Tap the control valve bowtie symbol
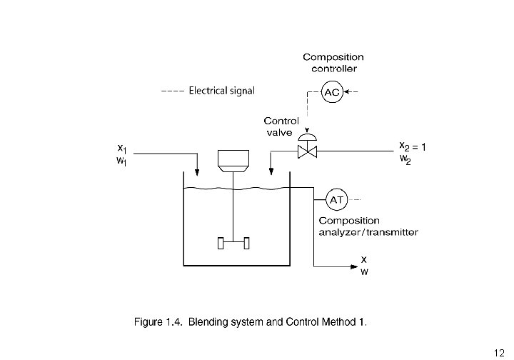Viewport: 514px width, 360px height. (307, 152)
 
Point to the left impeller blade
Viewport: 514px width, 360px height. (221, 244)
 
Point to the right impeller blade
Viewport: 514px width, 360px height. (246, 244)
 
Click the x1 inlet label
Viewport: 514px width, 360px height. (122, 149)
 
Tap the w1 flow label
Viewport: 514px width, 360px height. (121, 161)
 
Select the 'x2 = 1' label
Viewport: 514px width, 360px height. (413, 146)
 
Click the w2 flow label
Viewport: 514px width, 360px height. (405, 159)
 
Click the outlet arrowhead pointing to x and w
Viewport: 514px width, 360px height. (354, 266)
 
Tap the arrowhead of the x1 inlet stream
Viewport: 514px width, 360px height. (197, 172)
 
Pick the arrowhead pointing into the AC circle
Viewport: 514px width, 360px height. (346, 92)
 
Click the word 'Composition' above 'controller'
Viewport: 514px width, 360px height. (333, 57)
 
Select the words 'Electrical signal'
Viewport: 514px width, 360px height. (221, 91)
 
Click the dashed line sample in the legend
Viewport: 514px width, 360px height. (173, 91)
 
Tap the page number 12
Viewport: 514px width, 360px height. (499, 353)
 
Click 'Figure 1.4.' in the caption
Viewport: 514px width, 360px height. (158, 322)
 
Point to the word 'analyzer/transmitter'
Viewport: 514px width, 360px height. (368, 232)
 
